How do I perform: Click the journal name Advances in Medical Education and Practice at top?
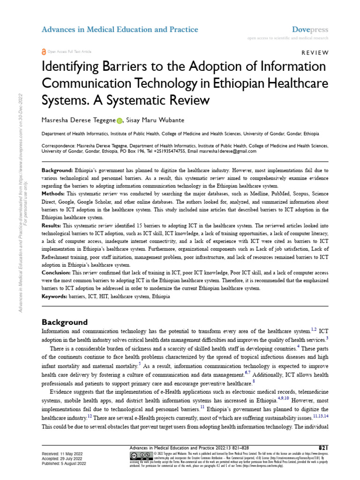[x=120, y=30]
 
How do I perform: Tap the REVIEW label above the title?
[x=315, y=52]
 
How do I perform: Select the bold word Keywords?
[x=55, y=297]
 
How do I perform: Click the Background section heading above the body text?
[x=65, y=322]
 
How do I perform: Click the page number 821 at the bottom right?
[x=323, y=448]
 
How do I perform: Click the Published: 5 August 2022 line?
[x=64, y=464]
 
